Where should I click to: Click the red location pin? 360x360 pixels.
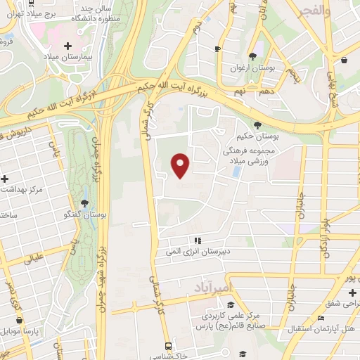pos(181,165)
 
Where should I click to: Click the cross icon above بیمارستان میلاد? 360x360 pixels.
pos(67,45)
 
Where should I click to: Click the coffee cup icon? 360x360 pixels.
pos(217,49)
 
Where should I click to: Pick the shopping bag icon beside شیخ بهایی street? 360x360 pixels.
pos(344,61)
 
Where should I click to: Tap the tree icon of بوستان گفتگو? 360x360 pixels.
pos(85,203)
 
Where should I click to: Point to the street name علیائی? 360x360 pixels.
pos(34,259)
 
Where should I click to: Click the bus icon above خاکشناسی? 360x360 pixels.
pos(168,346)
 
